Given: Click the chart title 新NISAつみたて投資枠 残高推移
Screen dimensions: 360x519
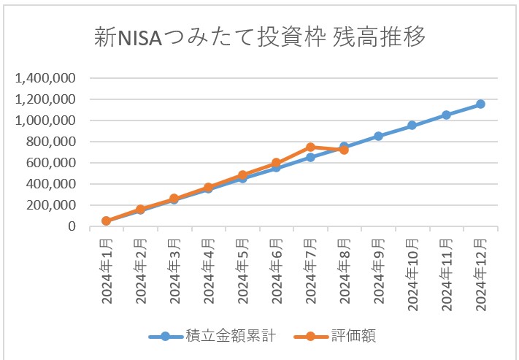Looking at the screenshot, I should [260, 37].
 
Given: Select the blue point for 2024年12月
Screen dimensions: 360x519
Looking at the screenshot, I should [480, 104].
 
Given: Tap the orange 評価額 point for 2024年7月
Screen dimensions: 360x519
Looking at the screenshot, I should [311, 148].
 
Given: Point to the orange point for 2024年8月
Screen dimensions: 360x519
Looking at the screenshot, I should [345, 150].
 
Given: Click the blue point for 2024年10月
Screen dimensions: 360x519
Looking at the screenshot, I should [412, 126].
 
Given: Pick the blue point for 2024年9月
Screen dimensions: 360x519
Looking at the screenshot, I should [378, 136].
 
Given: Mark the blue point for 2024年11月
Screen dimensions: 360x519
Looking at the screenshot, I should [446, 115].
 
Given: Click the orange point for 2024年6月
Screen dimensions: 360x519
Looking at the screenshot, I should [277, 164].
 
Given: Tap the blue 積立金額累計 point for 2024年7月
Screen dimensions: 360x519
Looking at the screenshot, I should [311, 157].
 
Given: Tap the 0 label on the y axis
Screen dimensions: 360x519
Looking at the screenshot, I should [72, 226].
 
